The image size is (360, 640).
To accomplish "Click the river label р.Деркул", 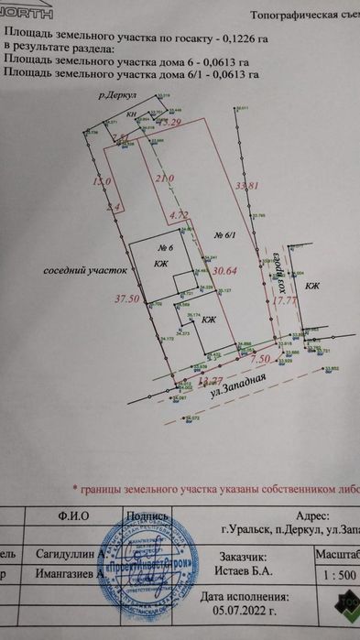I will point(119,95).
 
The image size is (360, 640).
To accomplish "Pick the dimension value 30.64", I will point(224,271).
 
